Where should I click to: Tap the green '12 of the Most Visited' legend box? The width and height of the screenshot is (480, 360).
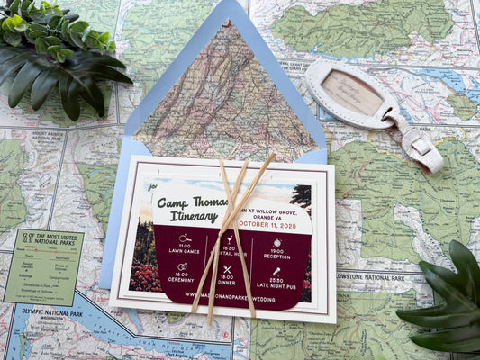point(42,265)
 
